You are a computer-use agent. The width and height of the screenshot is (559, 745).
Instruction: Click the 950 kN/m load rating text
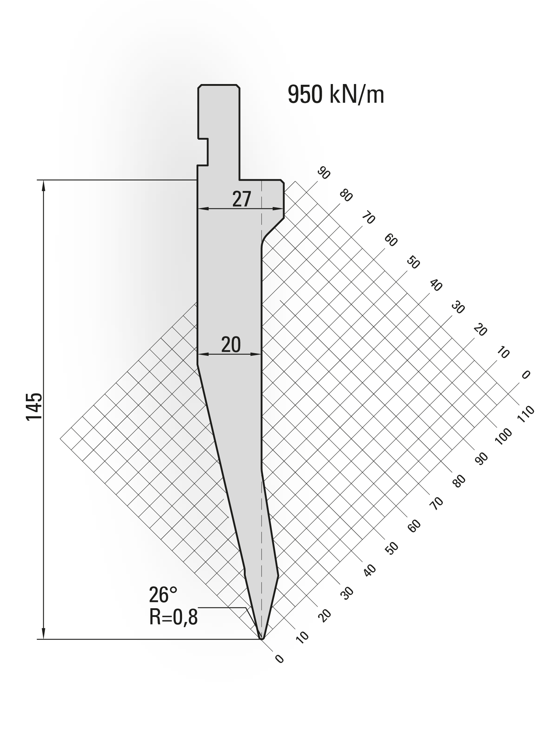[336, 95]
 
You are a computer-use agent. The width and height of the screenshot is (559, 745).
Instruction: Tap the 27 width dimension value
[242, 199]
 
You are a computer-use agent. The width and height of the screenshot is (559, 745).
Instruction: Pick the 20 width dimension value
[231, 345]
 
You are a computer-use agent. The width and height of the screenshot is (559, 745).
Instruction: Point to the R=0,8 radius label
[173, 617]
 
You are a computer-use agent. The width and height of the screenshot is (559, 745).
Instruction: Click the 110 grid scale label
[526, 414]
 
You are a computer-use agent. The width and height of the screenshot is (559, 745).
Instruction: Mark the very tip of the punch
[261, 638]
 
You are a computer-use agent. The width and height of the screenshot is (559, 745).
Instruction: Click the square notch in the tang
[203, 152]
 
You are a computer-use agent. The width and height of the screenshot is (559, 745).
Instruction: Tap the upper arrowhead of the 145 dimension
[44, 185]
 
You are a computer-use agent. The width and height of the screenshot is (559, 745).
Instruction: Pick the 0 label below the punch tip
[279, 659]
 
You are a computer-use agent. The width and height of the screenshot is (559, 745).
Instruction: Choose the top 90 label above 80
[323, 174]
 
